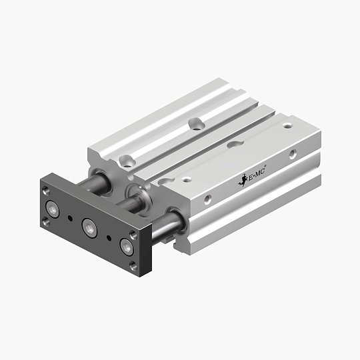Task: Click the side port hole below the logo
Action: (x=209, y=199)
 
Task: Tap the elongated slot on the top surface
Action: (x=235, y=143)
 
